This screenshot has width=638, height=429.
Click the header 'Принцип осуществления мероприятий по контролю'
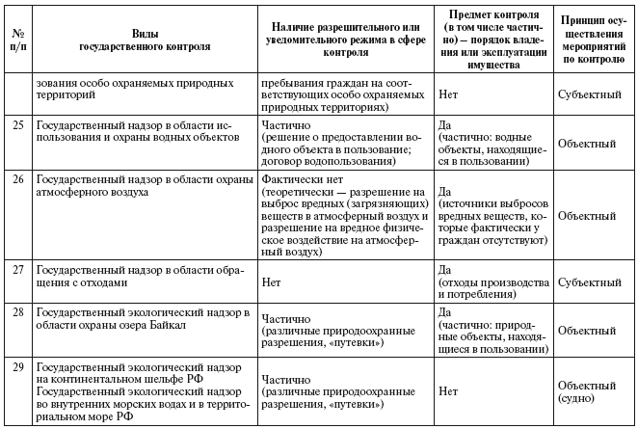point(595,39)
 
